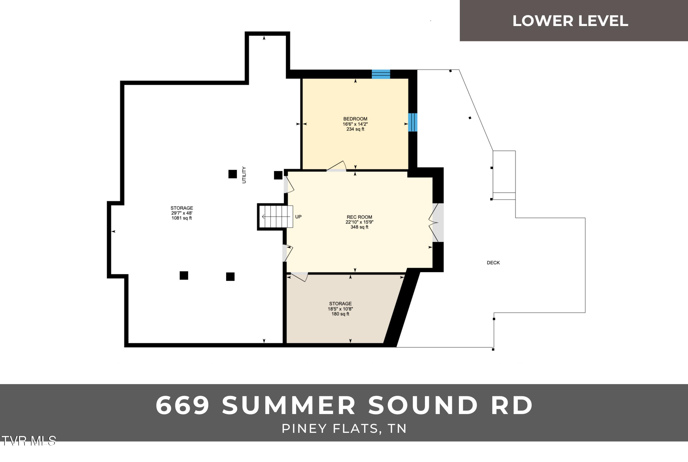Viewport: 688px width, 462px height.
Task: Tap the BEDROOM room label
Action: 355,119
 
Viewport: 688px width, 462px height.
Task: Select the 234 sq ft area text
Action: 355,129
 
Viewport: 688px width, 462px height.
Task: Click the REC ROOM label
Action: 359,217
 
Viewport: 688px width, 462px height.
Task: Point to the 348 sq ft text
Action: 359,227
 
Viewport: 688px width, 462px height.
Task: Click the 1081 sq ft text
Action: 182,218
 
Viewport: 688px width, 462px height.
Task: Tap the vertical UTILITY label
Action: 244,175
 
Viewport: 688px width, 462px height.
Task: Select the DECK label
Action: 493,262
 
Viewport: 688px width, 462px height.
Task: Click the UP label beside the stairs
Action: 298,217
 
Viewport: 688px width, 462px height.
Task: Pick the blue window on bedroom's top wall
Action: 381,74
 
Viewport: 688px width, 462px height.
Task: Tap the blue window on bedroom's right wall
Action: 413,122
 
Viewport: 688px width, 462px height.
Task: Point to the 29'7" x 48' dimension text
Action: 182,213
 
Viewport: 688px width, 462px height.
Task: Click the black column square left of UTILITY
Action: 233,174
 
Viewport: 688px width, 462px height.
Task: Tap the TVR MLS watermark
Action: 28,441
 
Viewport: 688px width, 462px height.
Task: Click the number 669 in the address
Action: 183,406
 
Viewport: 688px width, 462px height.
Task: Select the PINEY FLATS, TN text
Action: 344,429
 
